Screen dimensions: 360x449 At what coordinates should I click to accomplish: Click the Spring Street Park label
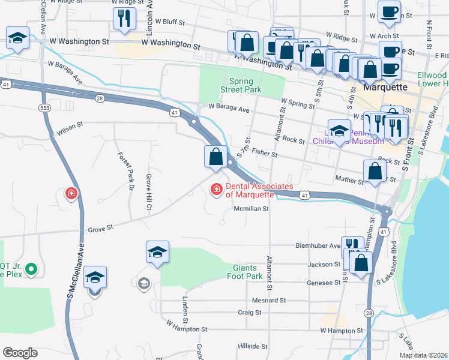pos(245,85)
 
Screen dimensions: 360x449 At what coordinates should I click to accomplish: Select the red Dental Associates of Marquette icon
pos(215,189)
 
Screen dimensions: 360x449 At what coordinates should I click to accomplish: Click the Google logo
pos(20,353)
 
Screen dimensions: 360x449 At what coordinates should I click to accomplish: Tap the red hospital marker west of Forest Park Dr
pos(71,194)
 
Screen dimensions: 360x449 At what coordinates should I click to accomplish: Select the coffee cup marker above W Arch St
pos(389,11)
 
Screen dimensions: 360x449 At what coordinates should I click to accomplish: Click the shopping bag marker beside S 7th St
pos(215,157)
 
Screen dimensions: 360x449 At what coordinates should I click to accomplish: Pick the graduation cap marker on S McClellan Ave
pos(95,278)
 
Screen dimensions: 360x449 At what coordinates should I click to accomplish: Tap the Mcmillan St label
pos(250,209)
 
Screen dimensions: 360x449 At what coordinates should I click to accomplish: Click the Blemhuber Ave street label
pos(318,245)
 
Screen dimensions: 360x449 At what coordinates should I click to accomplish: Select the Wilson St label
pos(69,128)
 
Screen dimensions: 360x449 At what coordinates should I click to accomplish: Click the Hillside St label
pos(252,347)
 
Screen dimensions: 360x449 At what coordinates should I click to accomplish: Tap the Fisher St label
pos(264,154)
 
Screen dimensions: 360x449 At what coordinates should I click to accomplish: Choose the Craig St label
pos(250,313)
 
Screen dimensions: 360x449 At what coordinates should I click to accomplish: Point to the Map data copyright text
pos(424,355)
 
